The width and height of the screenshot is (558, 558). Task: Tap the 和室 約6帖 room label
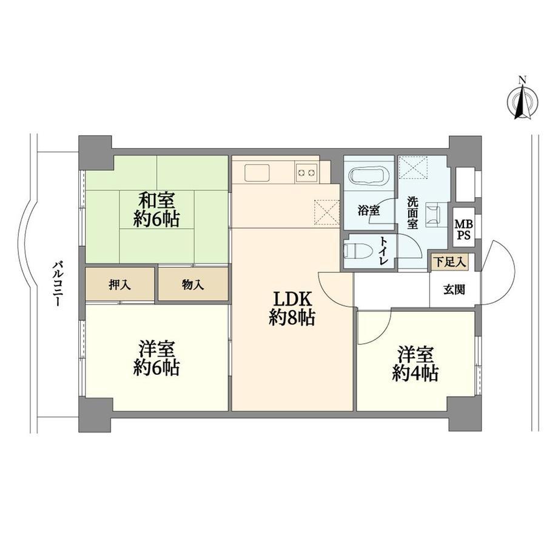pos(156,210)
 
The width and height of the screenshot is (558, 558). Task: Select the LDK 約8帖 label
pos(292,308)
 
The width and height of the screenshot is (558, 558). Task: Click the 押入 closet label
pos(120,284)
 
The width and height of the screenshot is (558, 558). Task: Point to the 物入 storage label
pos(193,284)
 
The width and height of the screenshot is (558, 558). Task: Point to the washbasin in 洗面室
pos(433,214)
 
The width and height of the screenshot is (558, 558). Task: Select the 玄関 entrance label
pos(454,290)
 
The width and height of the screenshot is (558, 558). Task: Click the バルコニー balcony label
pos(57,284)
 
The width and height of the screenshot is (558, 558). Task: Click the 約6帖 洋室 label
pos(156,358)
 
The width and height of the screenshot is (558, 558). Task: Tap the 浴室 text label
pos(369,210)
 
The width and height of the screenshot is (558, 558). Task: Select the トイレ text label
pos(383,250)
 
